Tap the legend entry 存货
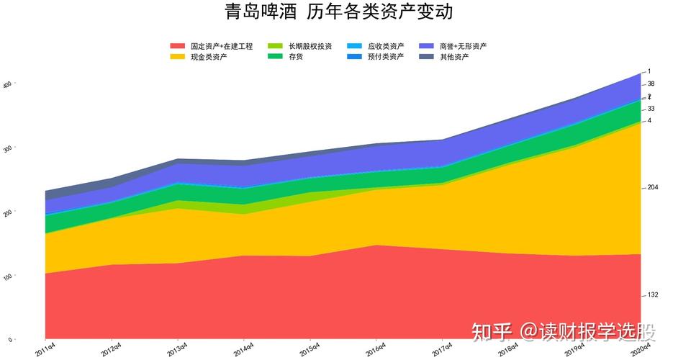[295, 56]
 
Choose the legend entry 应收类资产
[385, 46]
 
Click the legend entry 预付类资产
[385, 56]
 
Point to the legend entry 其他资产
[454, 56]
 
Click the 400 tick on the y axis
[9, 84]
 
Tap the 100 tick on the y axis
[9, 276]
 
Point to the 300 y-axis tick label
[9, 148]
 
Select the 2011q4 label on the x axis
[46, 350]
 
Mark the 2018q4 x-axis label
[508, 350]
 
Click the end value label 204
[653, 187]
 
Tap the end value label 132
[653, 294]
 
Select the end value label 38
[651, 84]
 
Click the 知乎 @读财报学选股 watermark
[564, 332]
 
